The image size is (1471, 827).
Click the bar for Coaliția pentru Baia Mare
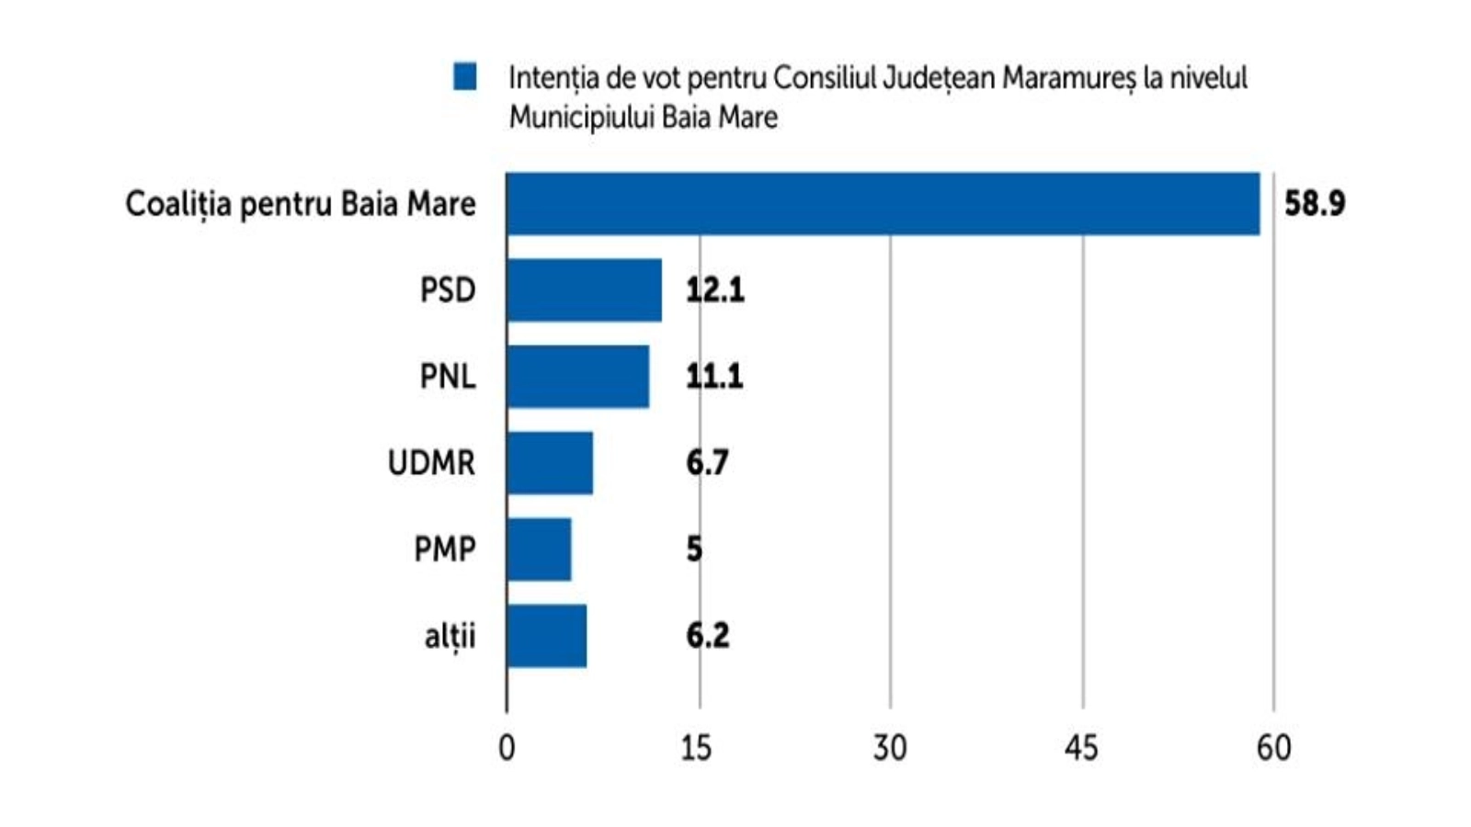883,203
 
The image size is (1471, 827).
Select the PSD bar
584,290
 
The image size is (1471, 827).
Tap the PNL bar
577,376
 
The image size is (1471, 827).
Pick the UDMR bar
549,462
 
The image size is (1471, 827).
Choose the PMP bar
538,549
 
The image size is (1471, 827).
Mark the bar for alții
546,635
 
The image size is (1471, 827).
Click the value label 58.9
1314,203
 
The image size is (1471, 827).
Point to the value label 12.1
714,290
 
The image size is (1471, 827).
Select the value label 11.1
714,376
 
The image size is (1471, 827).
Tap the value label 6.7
707,462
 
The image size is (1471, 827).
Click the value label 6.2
707,635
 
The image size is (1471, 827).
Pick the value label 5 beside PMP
694,549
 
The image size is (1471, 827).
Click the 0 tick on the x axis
507,748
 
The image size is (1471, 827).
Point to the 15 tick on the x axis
697,748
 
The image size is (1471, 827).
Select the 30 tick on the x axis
889,748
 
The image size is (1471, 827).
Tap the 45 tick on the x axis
1081,748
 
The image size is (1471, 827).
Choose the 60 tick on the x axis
1273,748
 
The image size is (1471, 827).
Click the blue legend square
465,77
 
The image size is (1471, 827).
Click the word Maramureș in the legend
1068,78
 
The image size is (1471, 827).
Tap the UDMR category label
431,462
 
